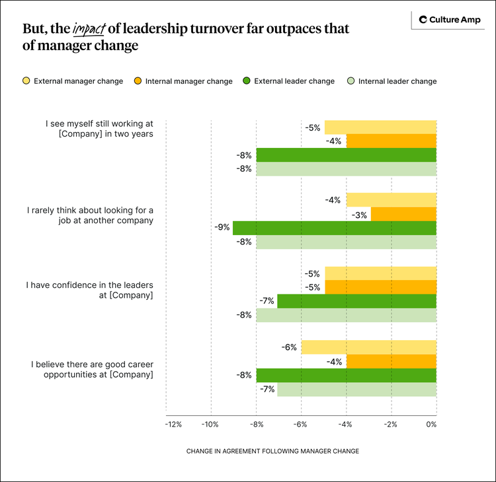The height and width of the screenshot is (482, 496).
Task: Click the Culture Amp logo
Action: coord(447,20)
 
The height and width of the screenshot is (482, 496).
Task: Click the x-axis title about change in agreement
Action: coord(272,451)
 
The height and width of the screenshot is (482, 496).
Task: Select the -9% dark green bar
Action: coord(334,228)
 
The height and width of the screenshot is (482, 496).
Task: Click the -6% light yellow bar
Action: coord(368,347)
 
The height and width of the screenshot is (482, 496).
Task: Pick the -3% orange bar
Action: coord(403,214)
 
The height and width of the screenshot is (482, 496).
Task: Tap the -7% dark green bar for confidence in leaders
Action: coord(356,301)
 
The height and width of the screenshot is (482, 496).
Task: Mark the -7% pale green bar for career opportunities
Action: coord(356,389)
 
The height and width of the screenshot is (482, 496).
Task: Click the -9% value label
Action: coord(222,228)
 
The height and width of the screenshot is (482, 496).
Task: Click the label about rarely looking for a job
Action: coord(90,215)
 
